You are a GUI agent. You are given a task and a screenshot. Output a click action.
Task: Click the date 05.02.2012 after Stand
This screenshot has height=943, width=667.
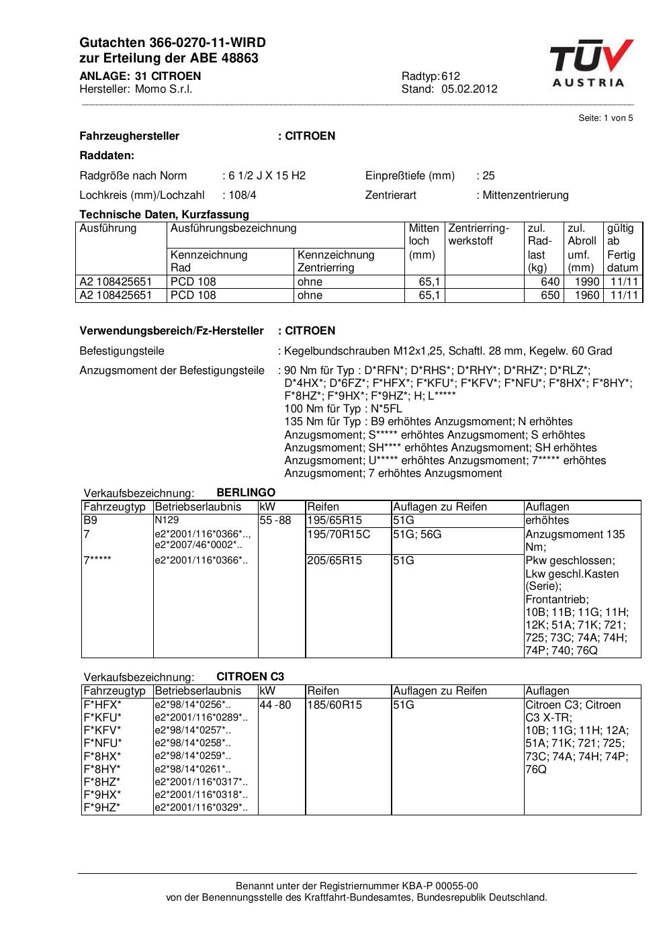[469, 89]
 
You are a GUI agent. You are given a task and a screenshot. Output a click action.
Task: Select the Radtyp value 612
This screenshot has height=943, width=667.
[451, 77]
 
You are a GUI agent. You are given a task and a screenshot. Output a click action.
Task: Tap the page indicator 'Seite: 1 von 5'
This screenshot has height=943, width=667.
[605, 118]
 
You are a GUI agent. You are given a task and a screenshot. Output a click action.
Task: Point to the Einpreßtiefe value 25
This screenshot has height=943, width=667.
[488, 176]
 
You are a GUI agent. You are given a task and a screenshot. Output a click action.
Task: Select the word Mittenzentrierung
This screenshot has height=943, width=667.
[525, 195]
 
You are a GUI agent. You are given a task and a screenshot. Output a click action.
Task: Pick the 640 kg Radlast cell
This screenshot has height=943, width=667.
[550, 282]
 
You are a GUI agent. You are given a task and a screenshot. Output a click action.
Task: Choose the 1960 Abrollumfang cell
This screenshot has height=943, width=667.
[586, 296]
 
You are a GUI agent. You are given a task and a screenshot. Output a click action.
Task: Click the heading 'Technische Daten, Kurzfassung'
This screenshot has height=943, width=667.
[164, 215]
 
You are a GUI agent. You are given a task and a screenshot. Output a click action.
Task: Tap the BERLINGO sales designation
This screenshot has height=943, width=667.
[246, 493]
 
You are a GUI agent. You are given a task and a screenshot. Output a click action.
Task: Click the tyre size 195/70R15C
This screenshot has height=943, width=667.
[339, 535]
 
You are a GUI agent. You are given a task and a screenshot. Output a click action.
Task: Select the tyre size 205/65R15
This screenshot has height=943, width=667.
[335, 561]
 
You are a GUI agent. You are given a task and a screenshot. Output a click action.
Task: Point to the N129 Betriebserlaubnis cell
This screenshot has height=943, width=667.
[167, 520]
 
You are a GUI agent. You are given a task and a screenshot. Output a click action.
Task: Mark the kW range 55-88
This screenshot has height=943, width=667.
[275, 521]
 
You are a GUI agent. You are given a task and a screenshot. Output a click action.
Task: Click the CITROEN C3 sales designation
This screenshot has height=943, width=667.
[250, 677]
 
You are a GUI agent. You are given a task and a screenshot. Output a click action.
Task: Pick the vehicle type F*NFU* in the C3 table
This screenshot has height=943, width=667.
[103, 744]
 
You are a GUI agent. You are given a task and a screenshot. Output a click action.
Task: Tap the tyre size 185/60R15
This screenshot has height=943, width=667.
[335, 705]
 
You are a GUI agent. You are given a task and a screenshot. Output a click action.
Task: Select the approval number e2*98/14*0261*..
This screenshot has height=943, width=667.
[193, 769]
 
